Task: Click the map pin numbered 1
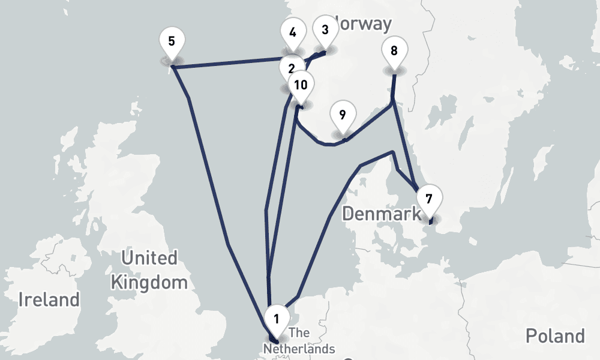coord(276,319)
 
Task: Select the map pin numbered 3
coord(325,31)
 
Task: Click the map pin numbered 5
coord(172,42)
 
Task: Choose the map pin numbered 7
coord(428,199)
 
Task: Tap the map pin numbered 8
coord(394,50)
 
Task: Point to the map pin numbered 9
coord(342,115)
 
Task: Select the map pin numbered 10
coord(301,85)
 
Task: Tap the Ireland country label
coord(49,299)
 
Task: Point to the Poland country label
coord(554,336)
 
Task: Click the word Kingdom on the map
coord(149,282)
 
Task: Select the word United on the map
coord(149,259)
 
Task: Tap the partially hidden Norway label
coord(364,24)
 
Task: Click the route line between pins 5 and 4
coord(228,62)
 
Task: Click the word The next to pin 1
coord(299,334)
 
